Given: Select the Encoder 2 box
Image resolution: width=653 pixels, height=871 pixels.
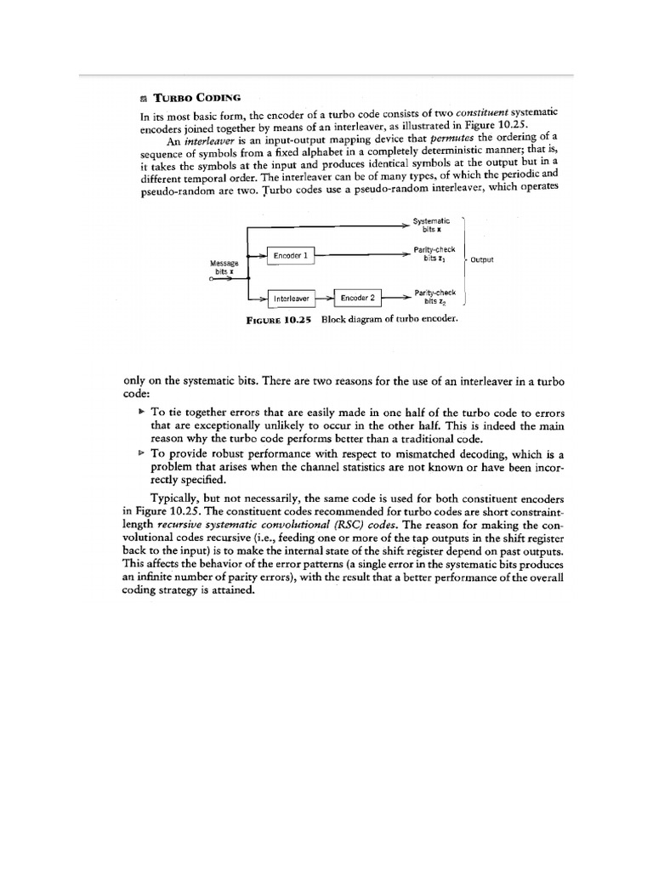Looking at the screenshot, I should point(357,298).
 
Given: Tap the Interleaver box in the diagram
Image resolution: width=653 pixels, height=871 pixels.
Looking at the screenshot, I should point(291,299).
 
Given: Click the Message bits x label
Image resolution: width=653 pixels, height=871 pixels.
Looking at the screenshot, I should point(224,267).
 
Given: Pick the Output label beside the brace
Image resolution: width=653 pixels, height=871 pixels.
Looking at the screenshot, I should point(481,259).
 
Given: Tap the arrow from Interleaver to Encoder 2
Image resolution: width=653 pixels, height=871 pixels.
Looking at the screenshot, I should point(324,298).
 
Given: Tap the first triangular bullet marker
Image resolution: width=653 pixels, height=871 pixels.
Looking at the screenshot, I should point(142,410).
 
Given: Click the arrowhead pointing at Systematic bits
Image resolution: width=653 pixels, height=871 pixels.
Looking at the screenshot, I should point(406,225).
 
